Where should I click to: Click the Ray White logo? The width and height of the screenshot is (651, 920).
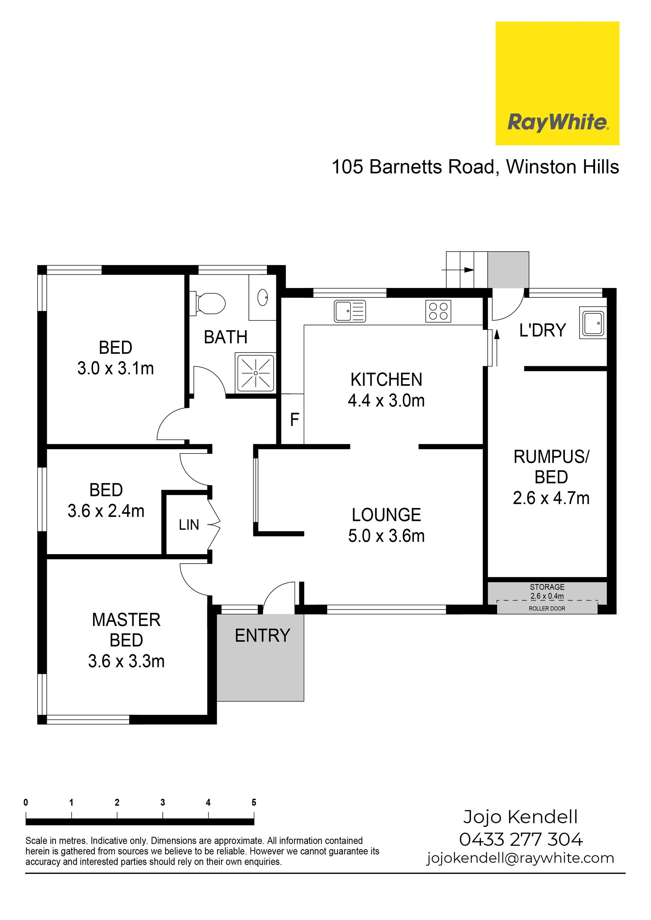click(557, 83)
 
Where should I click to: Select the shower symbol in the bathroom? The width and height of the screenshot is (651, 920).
click(256, 373)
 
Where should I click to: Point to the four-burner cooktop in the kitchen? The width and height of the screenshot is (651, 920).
click(438, 311)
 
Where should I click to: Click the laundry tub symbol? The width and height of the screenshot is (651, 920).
click(593, 323)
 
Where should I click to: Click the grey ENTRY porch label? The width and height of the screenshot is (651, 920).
click(262, 636)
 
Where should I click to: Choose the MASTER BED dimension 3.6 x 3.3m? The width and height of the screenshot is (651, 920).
click(126, 661)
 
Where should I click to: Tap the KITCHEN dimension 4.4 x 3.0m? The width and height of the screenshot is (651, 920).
click(386, 400)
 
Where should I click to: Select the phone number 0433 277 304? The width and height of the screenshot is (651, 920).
click(521, 839)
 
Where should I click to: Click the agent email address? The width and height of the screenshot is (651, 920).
click(520, 858)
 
